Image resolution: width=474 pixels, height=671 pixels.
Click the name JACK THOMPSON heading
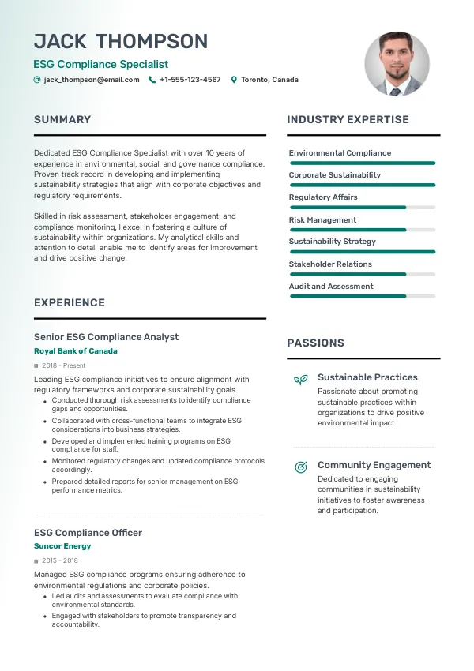[x=121, y=41]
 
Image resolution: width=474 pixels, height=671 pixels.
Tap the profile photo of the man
[x=397, y=64]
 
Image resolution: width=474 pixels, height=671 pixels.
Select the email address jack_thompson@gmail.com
[x=92, y=80]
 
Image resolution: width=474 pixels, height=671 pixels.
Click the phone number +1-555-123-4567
[x=190, y=80]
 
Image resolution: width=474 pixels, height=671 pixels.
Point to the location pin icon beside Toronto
[x=234, y=80]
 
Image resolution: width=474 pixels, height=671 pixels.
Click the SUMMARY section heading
[x=62, y=120]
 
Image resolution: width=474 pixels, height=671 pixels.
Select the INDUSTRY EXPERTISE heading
[x=348, y=120]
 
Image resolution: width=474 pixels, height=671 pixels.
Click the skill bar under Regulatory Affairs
[x=362, y=208]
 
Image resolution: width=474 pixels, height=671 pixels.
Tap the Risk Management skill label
[x=322, y=220]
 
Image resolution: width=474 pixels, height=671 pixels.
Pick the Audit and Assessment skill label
[x=331, y=287]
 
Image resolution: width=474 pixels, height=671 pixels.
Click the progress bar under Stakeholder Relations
[x=362, y=274]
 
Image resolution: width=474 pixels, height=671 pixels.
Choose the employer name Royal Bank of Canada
[x=76, y=351]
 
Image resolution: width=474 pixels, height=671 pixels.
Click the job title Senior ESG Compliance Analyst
[x=106, y=337]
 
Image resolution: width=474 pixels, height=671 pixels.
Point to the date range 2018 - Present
[x=64, y=366]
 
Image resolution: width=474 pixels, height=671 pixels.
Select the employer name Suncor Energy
[x=62, y=546]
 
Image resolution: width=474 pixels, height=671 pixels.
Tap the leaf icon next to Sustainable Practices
[x=300, y=380]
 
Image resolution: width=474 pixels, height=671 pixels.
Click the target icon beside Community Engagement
[x=300, y=467]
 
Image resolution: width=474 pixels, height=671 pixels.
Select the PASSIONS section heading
[x=315, y=343]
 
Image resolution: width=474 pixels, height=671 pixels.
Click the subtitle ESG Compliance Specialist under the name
[x=100, y=65]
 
